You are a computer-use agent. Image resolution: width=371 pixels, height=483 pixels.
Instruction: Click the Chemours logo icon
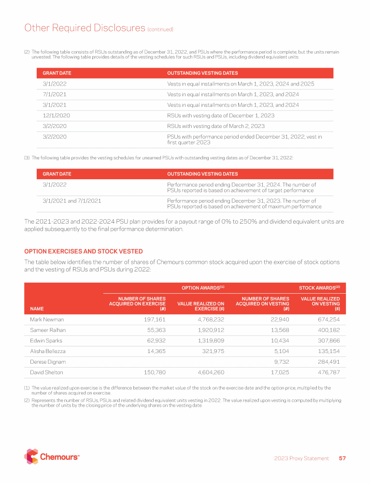coord(31,456)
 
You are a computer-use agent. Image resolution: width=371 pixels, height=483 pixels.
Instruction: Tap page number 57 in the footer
coord(342,458)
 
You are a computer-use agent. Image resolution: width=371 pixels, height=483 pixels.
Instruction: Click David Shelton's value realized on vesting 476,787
coord(327,372)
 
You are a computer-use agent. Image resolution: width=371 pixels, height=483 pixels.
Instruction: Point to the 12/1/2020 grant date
coord(54,115)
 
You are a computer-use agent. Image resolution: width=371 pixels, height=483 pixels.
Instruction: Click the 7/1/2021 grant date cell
coord(51,94)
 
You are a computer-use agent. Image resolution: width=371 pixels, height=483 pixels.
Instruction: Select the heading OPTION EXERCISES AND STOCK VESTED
coord(83,251)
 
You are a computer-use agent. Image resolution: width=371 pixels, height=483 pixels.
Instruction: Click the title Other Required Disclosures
coord(85,28)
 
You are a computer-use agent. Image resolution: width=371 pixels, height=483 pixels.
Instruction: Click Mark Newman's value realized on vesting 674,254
coord(327,319)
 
